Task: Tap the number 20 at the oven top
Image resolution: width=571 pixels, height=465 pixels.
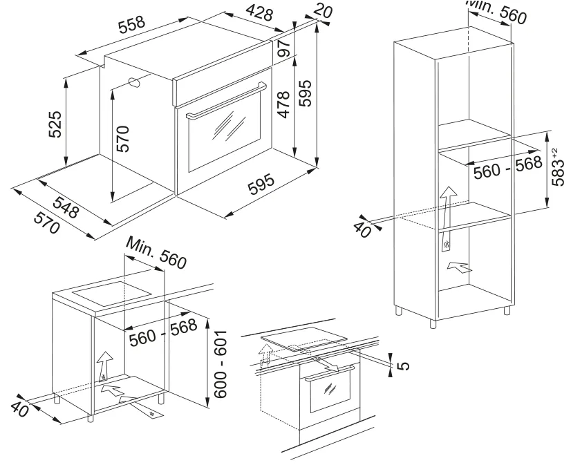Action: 321,9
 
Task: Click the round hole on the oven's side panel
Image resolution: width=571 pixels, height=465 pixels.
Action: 135,82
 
